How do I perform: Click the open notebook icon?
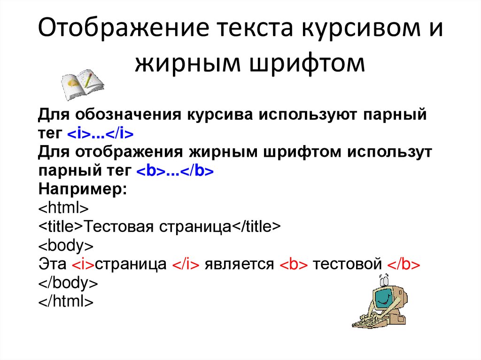click(82, 84)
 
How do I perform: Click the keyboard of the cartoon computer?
click(365, 321)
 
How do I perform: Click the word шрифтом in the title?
click(307, 64)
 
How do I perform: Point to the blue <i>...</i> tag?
click(101, 133)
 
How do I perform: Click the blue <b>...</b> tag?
click(175, 171)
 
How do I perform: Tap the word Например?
click(83, 190)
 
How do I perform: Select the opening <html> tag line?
click(63, 208)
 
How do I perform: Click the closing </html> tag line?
click(66, 301)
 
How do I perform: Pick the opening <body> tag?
click(66, 245)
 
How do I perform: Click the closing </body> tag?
click(68, 283)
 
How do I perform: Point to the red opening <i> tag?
click(83, 264)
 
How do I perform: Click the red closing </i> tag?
click(186, 264)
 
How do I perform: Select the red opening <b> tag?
click(294, 264)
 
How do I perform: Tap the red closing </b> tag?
click(403, 264)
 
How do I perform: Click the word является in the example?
click(239, 265)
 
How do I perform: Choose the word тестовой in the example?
click(347, 265)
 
